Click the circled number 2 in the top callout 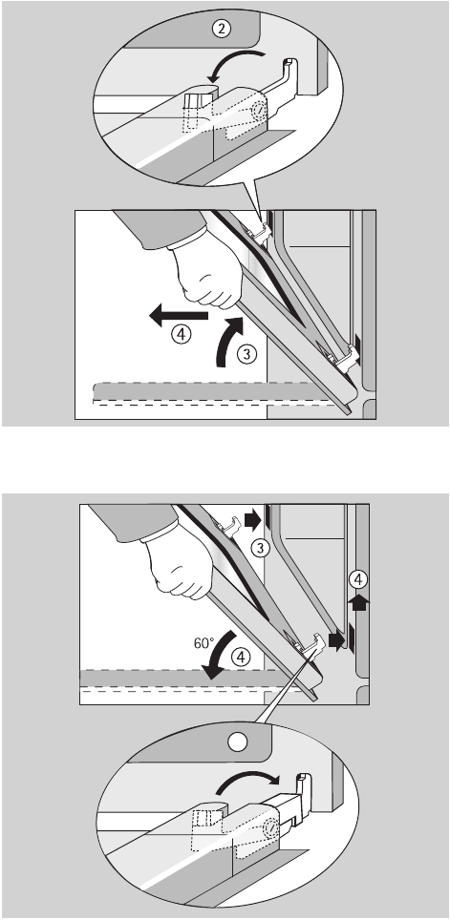tap(221, 29)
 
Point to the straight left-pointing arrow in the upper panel tap(179, 316)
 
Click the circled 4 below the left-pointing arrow tap(182, 335)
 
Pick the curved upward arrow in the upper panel tap(228, 342)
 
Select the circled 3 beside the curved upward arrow tap(247, 354)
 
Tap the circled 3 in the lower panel tap(259, 548)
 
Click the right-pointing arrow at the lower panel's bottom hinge tap(336, 640)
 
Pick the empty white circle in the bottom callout tap(237, 742)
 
